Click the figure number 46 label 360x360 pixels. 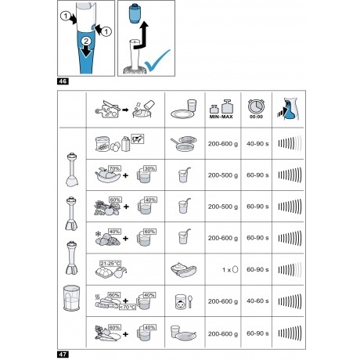click(63, 81)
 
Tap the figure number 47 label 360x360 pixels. click(63, 355)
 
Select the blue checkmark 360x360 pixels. click(157, 61)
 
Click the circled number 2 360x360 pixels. click(86, 41)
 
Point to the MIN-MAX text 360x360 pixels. click(221, 117)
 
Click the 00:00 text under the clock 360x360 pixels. click(256, 117)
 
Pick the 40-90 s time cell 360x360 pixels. click(257, 144)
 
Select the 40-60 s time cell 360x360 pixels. click(257, 301)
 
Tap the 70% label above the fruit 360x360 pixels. click(115, 168)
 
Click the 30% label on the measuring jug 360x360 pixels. click(149, 168)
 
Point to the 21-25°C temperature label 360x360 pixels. click(110, 264)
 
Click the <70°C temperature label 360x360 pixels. click(128, 307)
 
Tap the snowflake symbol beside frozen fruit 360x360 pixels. click(99, 233)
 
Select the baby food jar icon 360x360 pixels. click(181, 302)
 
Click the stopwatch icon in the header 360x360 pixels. click(256, 106)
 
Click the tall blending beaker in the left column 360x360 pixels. click(71, 298)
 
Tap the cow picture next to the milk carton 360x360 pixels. click(138, 139)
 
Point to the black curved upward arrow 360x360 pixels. click(141, 36)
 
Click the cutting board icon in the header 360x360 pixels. click(107, 110)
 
